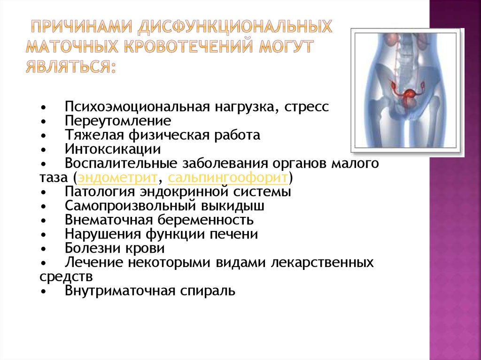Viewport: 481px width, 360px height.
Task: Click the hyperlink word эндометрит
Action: click(x=118, y=178)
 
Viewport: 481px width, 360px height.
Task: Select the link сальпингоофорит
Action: click(x=228, y=178)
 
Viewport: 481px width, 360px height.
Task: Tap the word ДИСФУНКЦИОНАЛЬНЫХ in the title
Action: click(x=235, y=27)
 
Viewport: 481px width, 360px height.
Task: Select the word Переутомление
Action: click(x=118, y=121)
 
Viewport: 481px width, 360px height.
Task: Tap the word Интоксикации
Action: click(x=113, y=149)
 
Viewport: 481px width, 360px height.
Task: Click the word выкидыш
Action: click(x=233, y=206)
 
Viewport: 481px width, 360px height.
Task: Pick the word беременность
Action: click(x=206, y=220)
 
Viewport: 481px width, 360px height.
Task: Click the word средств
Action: click(x=66, y=277)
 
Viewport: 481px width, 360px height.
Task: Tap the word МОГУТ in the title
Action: click(x=287, y=46)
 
